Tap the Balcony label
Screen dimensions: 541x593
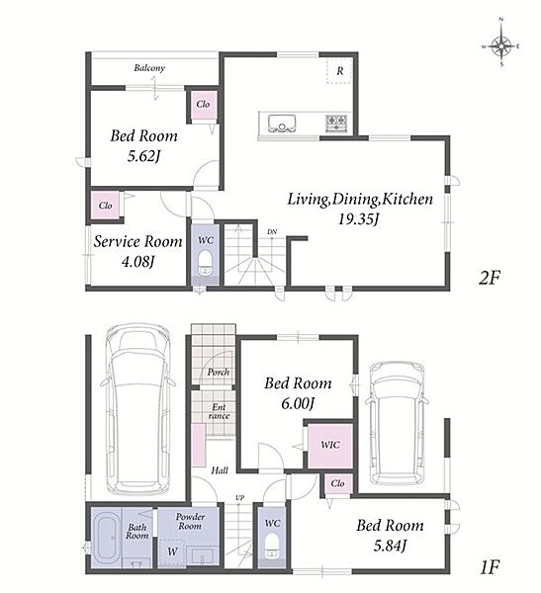149,68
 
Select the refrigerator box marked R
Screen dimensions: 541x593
339,71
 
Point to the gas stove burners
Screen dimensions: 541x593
336,124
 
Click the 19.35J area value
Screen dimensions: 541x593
358,219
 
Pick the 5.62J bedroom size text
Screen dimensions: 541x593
142,156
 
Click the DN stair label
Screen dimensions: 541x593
272,232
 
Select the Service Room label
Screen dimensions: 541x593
137,242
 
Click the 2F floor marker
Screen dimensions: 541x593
490,279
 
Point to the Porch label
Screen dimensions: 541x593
219,373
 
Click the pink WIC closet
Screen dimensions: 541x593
330,446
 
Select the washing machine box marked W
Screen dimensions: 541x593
172,551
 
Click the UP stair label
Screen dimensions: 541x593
239,498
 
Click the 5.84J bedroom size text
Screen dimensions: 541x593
390,546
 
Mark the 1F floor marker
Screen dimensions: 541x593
490,567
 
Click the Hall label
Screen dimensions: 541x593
220,470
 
